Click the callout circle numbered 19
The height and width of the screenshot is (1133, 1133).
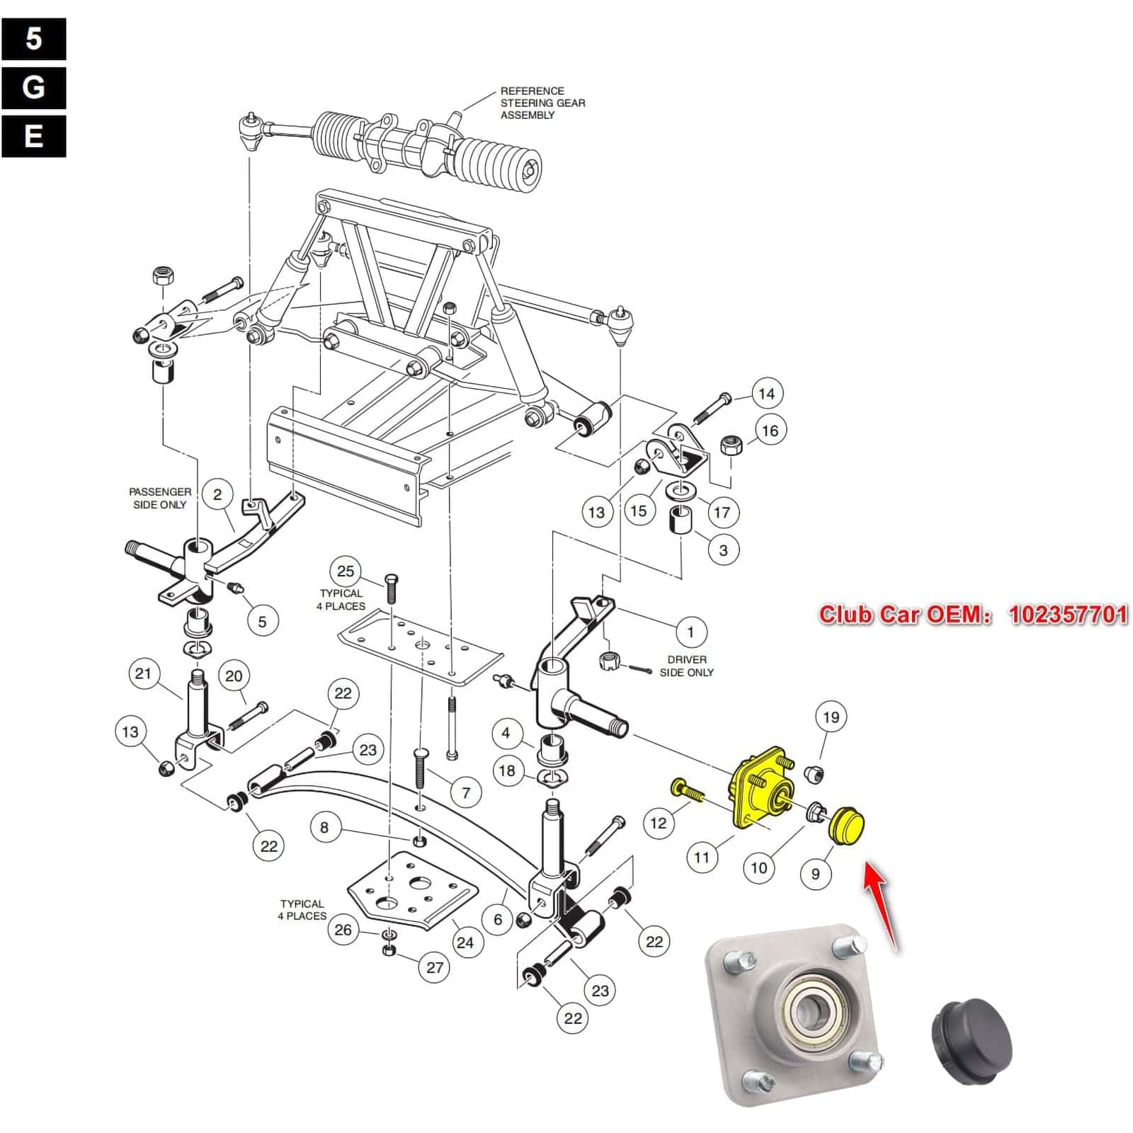(x=831, y=717)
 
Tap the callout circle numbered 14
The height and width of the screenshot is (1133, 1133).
(x=767, y=394)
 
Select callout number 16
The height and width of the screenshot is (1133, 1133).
(x=770, y=431)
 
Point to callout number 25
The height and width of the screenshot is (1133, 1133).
(x=346, y=571)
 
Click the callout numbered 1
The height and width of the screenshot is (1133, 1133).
(x=690, y=632)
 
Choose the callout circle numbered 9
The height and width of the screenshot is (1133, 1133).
(x=815, y=874)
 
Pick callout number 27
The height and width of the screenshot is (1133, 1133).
(x=435, y=968)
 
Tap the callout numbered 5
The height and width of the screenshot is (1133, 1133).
(x=262, y=622)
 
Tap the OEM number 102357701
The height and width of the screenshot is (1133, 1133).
(x=1068, y=614)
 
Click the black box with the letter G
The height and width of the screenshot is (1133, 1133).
(x=34, y=88)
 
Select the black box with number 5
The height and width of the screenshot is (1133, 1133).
(x=34, y=39)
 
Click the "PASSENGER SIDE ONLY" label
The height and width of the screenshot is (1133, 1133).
(x=159, y=498)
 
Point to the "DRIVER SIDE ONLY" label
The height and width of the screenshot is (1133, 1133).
(x=686, y=666)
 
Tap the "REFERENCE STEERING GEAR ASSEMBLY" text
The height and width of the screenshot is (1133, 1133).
(x=542, y=103)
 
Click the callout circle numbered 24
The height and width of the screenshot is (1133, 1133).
(x=465, y=943)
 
